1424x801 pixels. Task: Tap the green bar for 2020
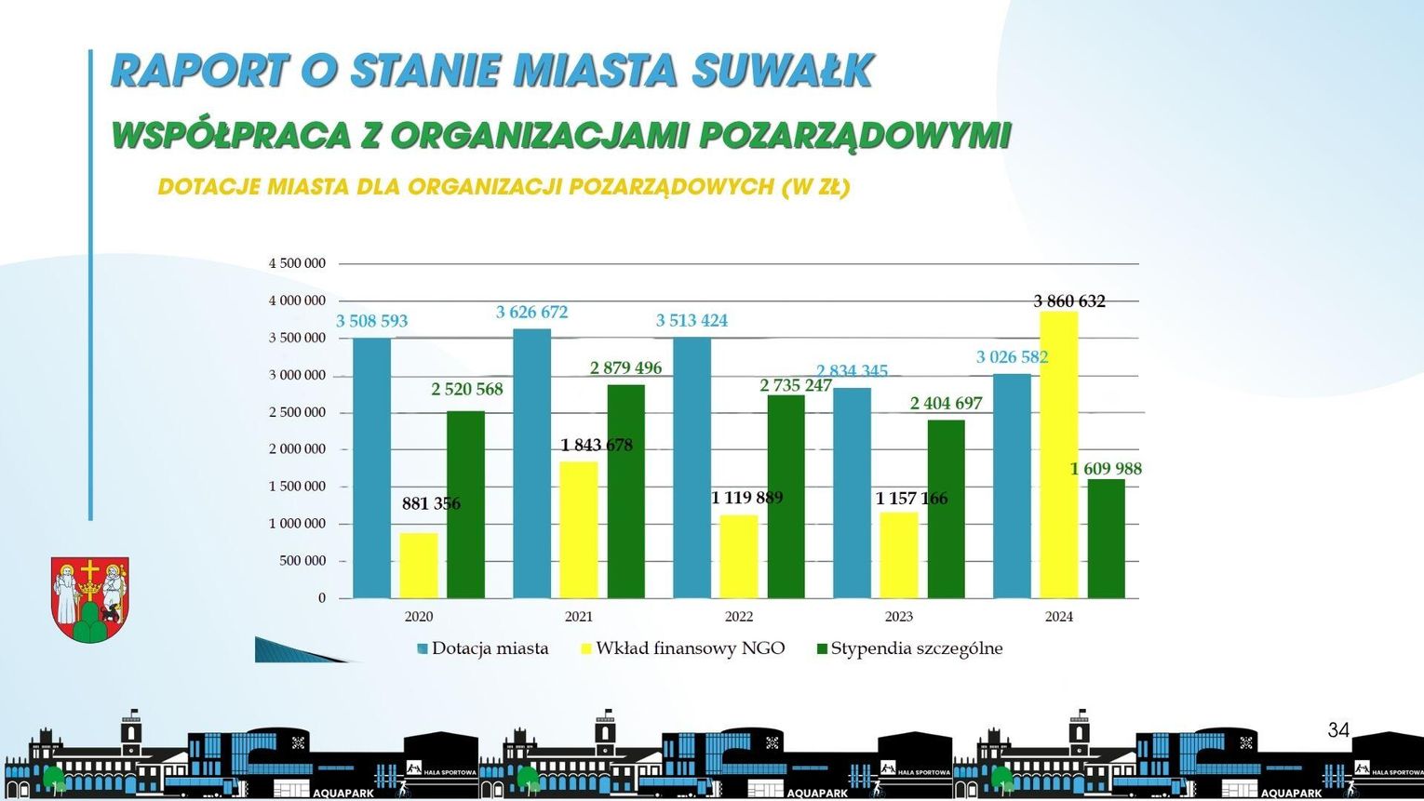[465, 504]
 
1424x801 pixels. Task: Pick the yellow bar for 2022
[739, 556]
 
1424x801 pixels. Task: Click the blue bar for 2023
[852, 493]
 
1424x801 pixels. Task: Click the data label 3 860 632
[1069, 301]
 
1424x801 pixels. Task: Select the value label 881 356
[431, 503]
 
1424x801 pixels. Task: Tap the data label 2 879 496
[625, 368]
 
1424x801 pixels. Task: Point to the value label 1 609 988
[1106, 469]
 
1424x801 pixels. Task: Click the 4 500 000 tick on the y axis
[298, 263]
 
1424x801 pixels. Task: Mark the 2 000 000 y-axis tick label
[298, 449]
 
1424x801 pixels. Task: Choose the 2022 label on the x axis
[739, 616]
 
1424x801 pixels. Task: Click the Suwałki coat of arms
[89, 600]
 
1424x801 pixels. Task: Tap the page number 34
[1338, 730]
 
